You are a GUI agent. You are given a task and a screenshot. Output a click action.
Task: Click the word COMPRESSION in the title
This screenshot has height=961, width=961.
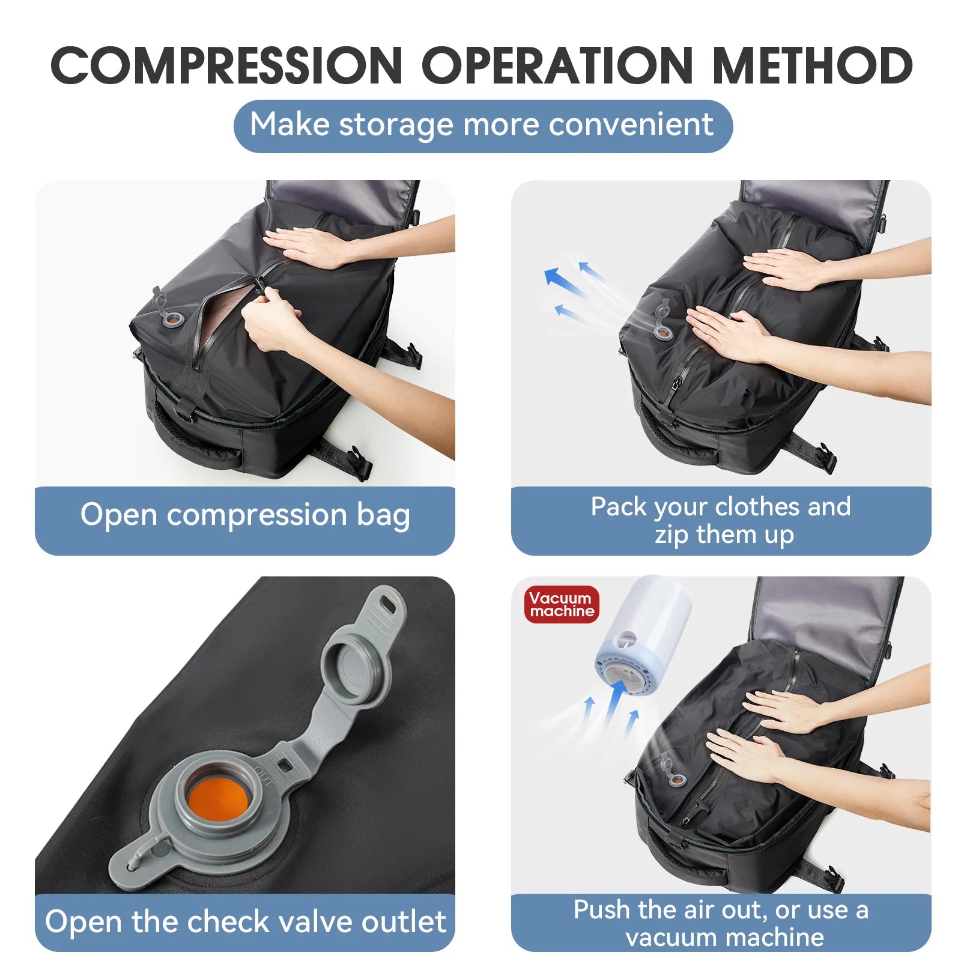226,65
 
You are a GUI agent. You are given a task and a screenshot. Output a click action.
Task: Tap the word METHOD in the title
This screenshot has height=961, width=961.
812,65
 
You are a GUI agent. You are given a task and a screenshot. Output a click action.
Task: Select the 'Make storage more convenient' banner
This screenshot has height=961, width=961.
482,126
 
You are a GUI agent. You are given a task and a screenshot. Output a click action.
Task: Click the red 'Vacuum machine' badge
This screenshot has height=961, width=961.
561,604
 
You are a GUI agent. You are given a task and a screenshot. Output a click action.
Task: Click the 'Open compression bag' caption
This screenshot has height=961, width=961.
245,515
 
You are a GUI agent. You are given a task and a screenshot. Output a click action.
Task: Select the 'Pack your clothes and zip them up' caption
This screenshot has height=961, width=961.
721,520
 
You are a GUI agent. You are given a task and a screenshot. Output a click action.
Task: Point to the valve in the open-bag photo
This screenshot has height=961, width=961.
172,318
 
